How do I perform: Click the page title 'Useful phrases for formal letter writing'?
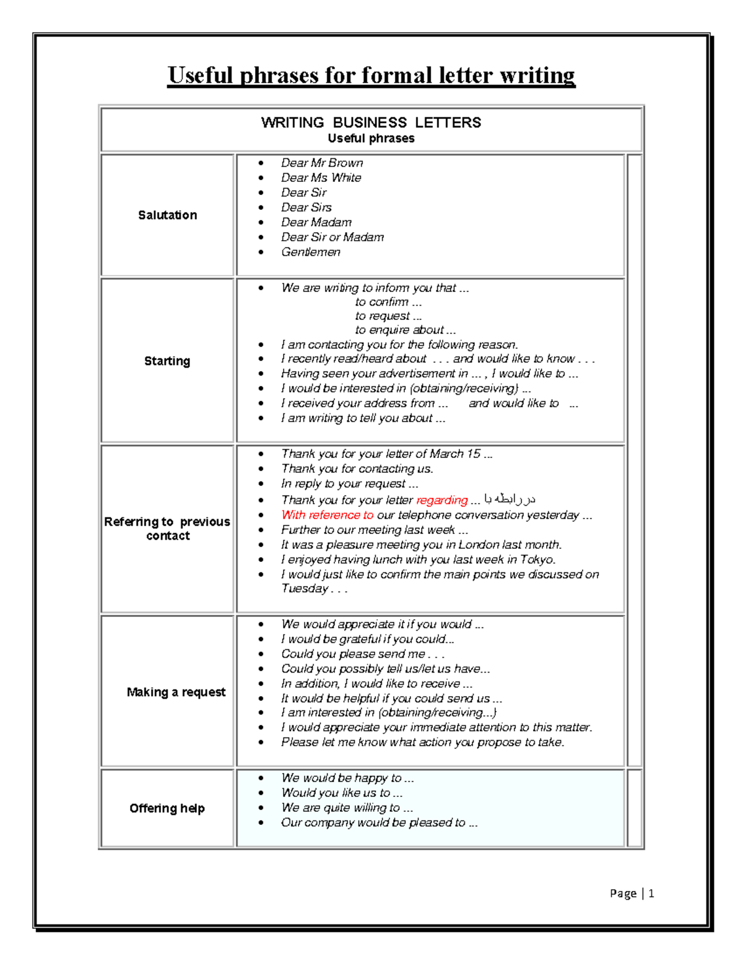pos(371,75)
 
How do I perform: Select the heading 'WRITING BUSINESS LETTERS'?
pos(371,123)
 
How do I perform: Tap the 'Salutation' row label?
pos(167,215)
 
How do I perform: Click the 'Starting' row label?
pos(167,361)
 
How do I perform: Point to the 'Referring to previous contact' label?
pos(167,528)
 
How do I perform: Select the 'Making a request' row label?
pos(176,692)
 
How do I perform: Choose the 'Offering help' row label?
pos(167,808)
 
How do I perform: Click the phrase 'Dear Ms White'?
pos(321,178)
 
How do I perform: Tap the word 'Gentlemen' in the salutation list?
pos(311,252)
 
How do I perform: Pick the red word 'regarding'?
pos(441,500)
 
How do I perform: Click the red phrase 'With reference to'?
pos(327,515)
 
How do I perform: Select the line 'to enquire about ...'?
pos(405,330)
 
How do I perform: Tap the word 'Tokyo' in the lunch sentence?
pos(537,559)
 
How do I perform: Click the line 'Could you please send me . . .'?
pos(362,654)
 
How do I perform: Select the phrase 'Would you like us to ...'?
pos(342,793)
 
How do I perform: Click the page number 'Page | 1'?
pos(632,893)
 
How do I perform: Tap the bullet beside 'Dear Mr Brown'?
pos(261,163)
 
